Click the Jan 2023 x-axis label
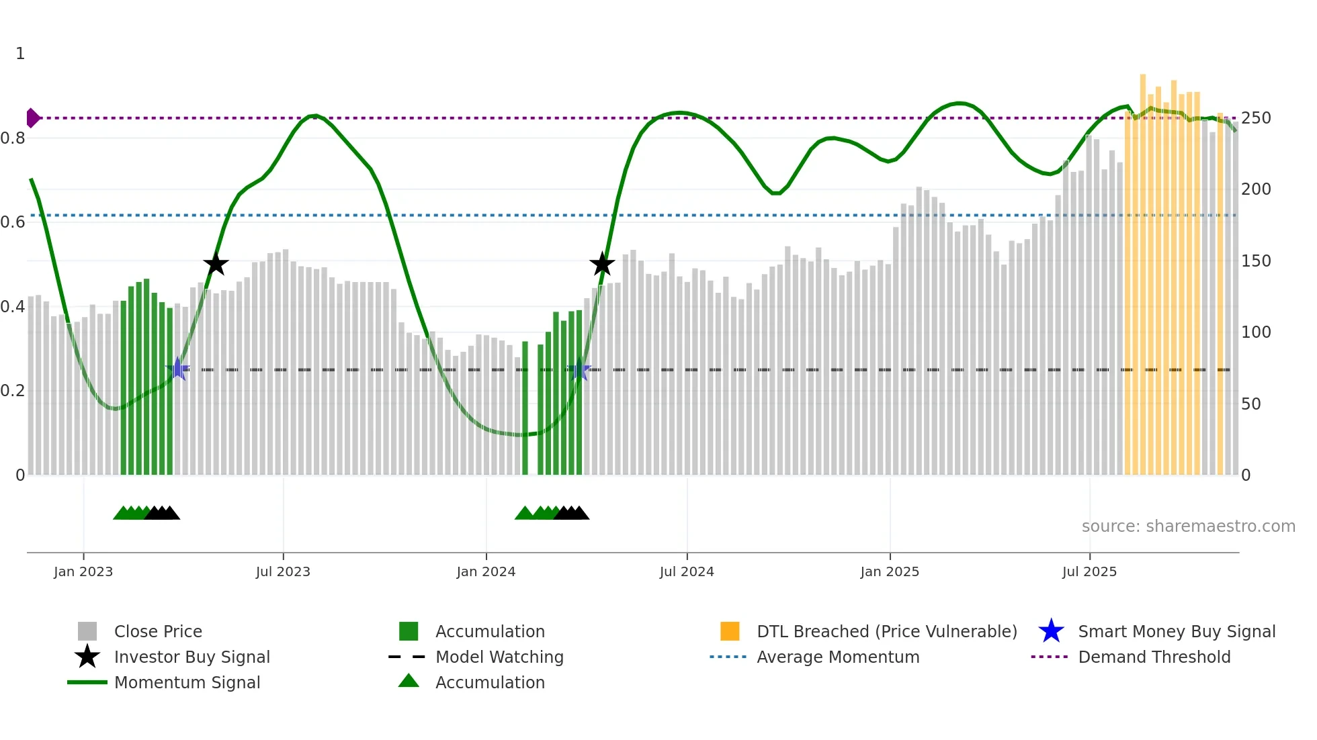pyautogui.click(x=83, y=572)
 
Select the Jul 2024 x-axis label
pyautogui.click(x=687, y=572)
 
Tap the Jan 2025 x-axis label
pyautogui.click(x=890, y=572)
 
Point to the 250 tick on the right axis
pyautogui.click(x=1256, y=118)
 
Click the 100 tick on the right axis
pyautogui.click(x=1256, y=332)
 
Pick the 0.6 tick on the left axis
pyautogui.click(x=13, y=222)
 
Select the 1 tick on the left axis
pyautogui.click(x=20, y=54)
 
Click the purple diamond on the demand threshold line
pyautogui.click(x=32, y=118)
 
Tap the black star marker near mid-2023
pyautogui.click(x=216, y=265)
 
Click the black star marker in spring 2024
pyautogui.click(x=602, y=264)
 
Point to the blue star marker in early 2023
pyautogui.click(x=177, y=369)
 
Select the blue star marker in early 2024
pyautogui.click(x=579, y=369)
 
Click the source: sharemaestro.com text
pyautogui.click(x=1188, y=526)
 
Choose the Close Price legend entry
pyautogui.click(x=158, y=632)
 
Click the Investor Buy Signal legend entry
pyautogui.click(x=192, y=657)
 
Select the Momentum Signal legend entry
pyautogui.click(x=187, y=683)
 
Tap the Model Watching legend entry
pyautogui.click(x=499, y=657)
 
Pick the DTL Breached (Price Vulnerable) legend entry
pyautogui.click(x=886, y=632)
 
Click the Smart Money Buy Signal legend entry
pyautogui.click(x=1176, y=632)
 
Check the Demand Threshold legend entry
pyautogui.click(x=1154, y=657)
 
